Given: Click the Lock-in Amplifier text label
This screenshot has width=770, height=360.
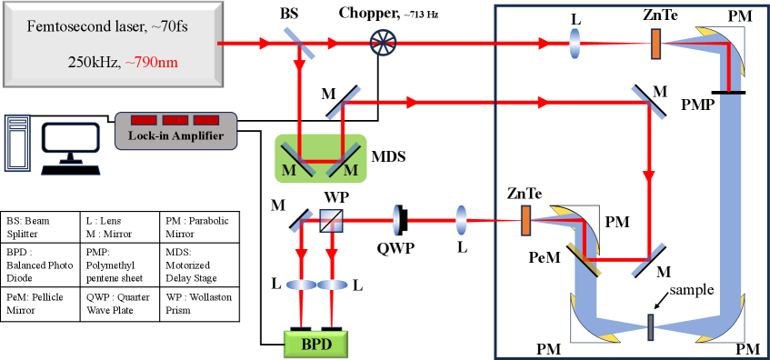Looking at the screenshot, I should tap(175, 136).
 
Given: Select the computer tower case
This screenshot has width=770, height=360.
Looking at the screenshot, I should tap(17, 142).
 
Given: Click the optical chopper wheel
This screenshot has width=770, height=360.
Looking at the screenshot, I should tap(382, 42).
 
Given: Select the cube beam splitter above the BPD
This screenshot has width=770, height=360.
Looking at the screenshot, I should tap(330, 219).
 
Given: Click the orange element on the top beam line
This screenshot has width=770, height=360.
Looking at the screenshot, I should tap(655, 43).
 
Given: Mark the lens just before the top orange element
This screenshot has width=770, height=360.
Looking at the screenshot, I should tap(575, 43).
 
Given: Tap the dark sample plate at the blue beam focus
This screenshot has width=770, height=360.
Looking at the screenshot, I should tap(650, 323).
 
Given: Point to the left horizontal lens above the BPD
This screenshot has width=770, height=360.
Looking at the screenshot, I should tap(301, 285).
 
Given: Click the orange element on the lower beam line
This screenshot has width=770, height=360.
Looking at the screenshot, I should tap(525, 219).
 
